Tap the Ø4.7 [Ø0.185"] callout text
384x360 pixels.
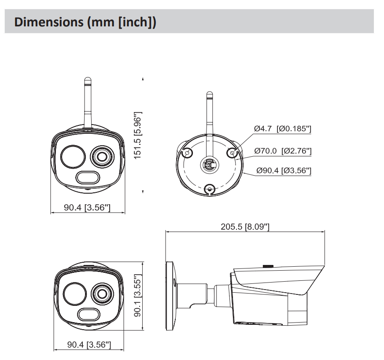[282, 129]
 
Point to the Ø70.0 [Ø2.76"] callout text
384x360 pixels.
[283, 151]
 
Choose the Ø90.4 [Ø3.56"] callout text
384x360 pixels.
[283, 170]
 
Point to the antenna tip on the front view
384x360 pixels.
[87, 81]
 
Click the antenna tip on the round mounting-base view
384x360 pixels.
[210, 94]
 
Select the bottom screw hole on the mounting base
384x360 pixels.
[210, 190]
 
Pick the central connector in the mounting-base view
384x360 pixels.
[209, 165]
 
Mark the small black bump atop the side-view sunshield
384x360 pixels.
[267, 266]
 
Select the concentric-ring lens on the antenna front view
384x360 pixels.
[101, 156]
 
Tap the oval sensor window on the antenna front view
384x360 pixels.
[87, 178]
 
